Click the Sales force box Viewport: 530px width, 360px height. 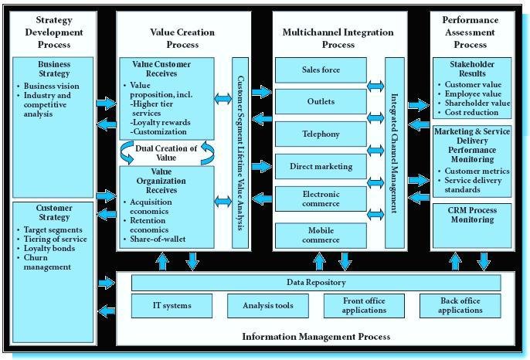pos(321,70)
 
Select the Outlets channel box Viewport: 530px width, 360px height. pos(321,102)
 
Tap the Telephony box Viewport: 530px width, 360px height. pos(321,134)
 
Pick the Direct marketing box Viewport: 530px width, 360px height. pos(321,166)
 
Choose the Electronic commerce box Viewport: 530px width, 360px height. pos(321,199)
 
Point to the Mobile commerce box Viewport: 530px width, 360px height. pos(321,234)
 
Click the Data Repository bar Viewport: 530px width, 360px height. pos(315,283)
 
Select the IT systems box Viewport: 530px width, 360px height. pos(172,306)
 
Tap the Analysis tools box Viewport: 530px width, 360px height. pos(262,306)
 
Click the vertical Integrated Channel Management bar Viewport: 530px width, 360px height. pos(394,153)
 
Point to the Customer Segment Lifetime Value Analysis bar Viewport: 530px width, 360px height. pos(240,153)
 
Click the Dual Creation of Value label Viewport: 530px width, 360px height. pos(167,152)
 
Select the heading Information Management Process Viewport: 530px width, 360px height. pos(315,336)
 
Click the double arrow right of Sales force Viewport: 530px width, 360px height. pos(375,86)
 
